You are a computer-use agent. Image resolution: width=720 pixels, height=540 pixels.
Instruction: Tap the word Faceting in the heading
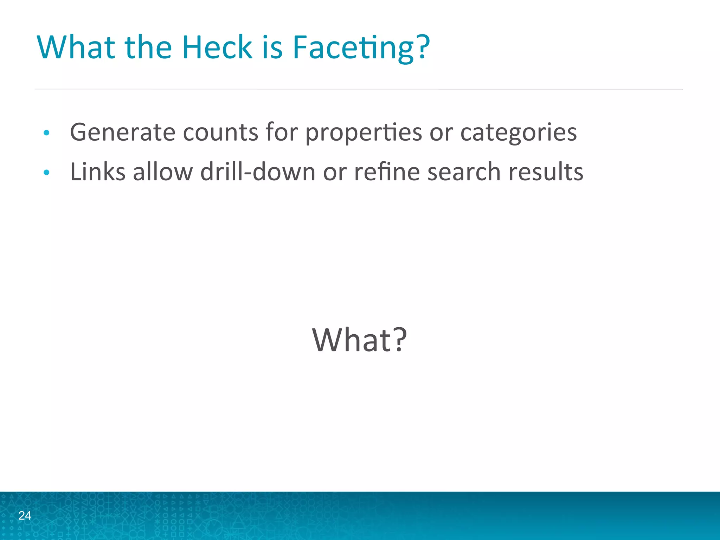[354, 47]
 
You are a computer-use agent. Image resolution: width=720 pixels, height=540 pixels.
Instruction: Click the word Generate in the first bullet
[123, 132]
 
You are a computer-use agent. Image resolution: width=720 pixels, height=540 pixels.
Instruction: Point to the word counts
[221, 132]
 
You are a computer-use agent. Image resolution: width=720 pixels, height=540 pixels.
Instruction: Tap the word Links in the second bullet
[98, 172]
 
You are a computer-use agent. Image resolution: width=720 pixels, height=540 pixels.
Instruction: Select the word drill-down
[258, 172]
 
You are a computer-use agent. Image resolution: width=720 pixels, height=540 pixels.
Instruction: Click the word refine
[387, 172]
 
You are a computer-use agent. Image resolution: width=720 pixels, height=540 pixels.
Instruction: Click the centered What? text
[359, 340]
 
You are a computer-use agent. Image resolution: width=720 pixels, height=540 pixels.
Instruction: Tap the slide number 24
[25, 515]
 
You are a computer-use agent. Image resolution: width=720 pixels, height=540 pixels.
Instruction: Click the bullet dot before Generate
[46, 133]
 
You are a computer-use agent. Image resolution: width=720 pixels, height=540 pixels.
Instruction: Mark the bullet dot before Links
[46, 173]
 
